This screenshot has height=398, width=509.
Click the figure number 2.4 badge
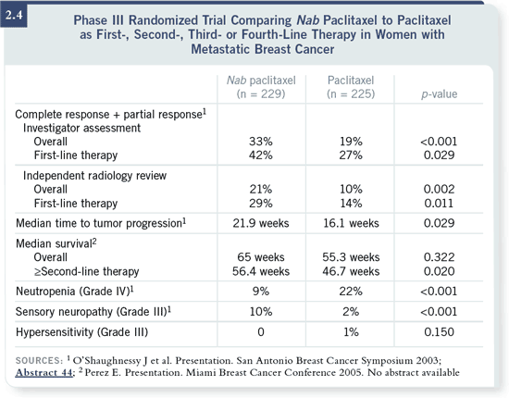(14, 15)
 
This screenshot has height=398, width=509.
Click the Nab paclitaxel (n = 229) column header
(261, 87)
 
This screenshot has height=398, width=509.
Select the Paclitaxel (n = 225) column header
(351, 87)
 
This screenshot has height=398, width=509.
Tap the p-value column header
(440, 94)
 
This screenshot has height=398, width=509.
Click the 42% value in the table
(261, 155)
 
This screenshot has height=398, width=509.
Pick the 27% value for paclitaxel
(351, 155)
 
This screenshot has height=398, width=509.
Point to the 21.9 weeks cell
(261, 223)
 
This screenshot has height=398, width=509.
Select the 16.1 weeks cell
(351, 223)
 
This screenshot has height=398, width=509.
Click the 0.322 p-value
(440, 257)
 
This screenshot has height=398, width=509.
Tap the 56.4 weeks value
(261, 271)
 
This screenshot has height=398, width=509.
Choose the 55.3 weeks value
(351, 257)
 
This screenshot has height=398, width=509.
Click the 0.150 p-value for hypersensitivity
(440, 332)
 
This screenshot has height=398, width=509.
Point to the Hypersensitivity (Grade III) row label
(81, 332)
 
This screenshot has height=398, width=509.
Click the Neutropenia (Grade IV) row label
(75, 292)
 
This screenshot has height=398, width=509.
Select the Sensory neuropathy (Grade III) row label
(93, 312)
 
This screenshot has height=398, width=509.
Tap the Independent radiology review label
(94, 176)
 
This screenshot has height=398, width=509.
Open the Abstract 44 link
(44, 372)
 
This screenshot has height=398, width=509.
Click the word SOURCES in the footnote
(39, 361)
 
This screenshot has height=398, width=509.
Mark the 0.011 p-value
(440, 204)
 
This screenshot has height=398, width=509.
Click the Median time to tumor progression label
(101, 223)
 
